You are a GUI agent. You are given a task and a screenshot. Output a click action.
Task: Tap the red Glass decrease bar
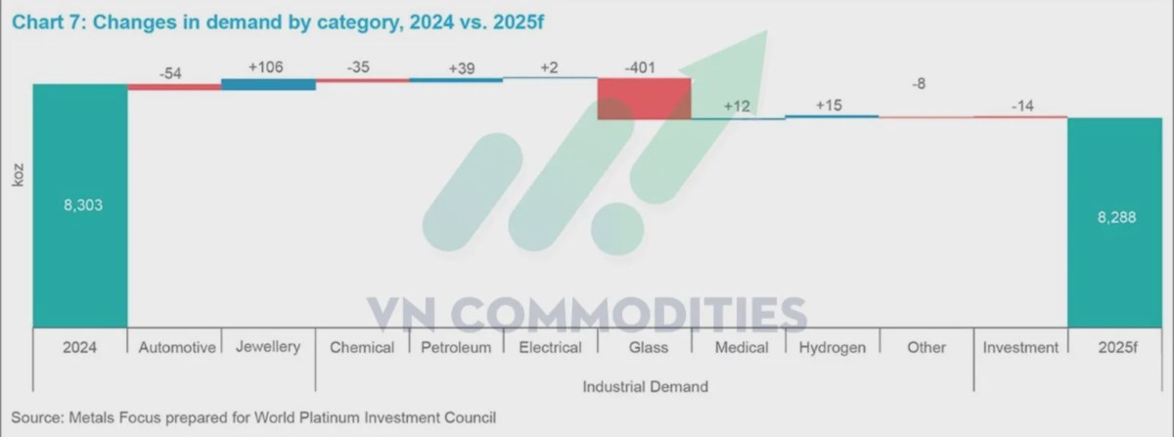point(644,98)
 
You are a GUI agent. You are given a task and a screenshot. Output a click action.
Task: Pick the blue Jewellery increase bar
point(268,84)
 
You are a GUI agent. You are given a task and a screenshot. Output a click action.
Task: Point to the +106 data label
point(268,66)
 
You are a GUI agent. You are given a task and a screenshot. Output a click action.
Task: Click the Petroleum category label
point(456,347)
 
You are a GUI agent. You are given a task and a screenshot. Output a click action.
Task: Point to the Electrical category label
point(550,347)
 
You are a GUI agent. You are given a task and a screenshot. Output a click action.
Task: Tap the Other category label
point(926,347)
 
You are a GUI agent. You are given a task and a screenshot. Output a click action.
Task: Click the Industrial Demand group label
point(645,386)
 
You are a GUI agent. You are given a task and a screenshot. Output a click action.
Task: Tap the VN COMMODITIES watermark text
point(587,315)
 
